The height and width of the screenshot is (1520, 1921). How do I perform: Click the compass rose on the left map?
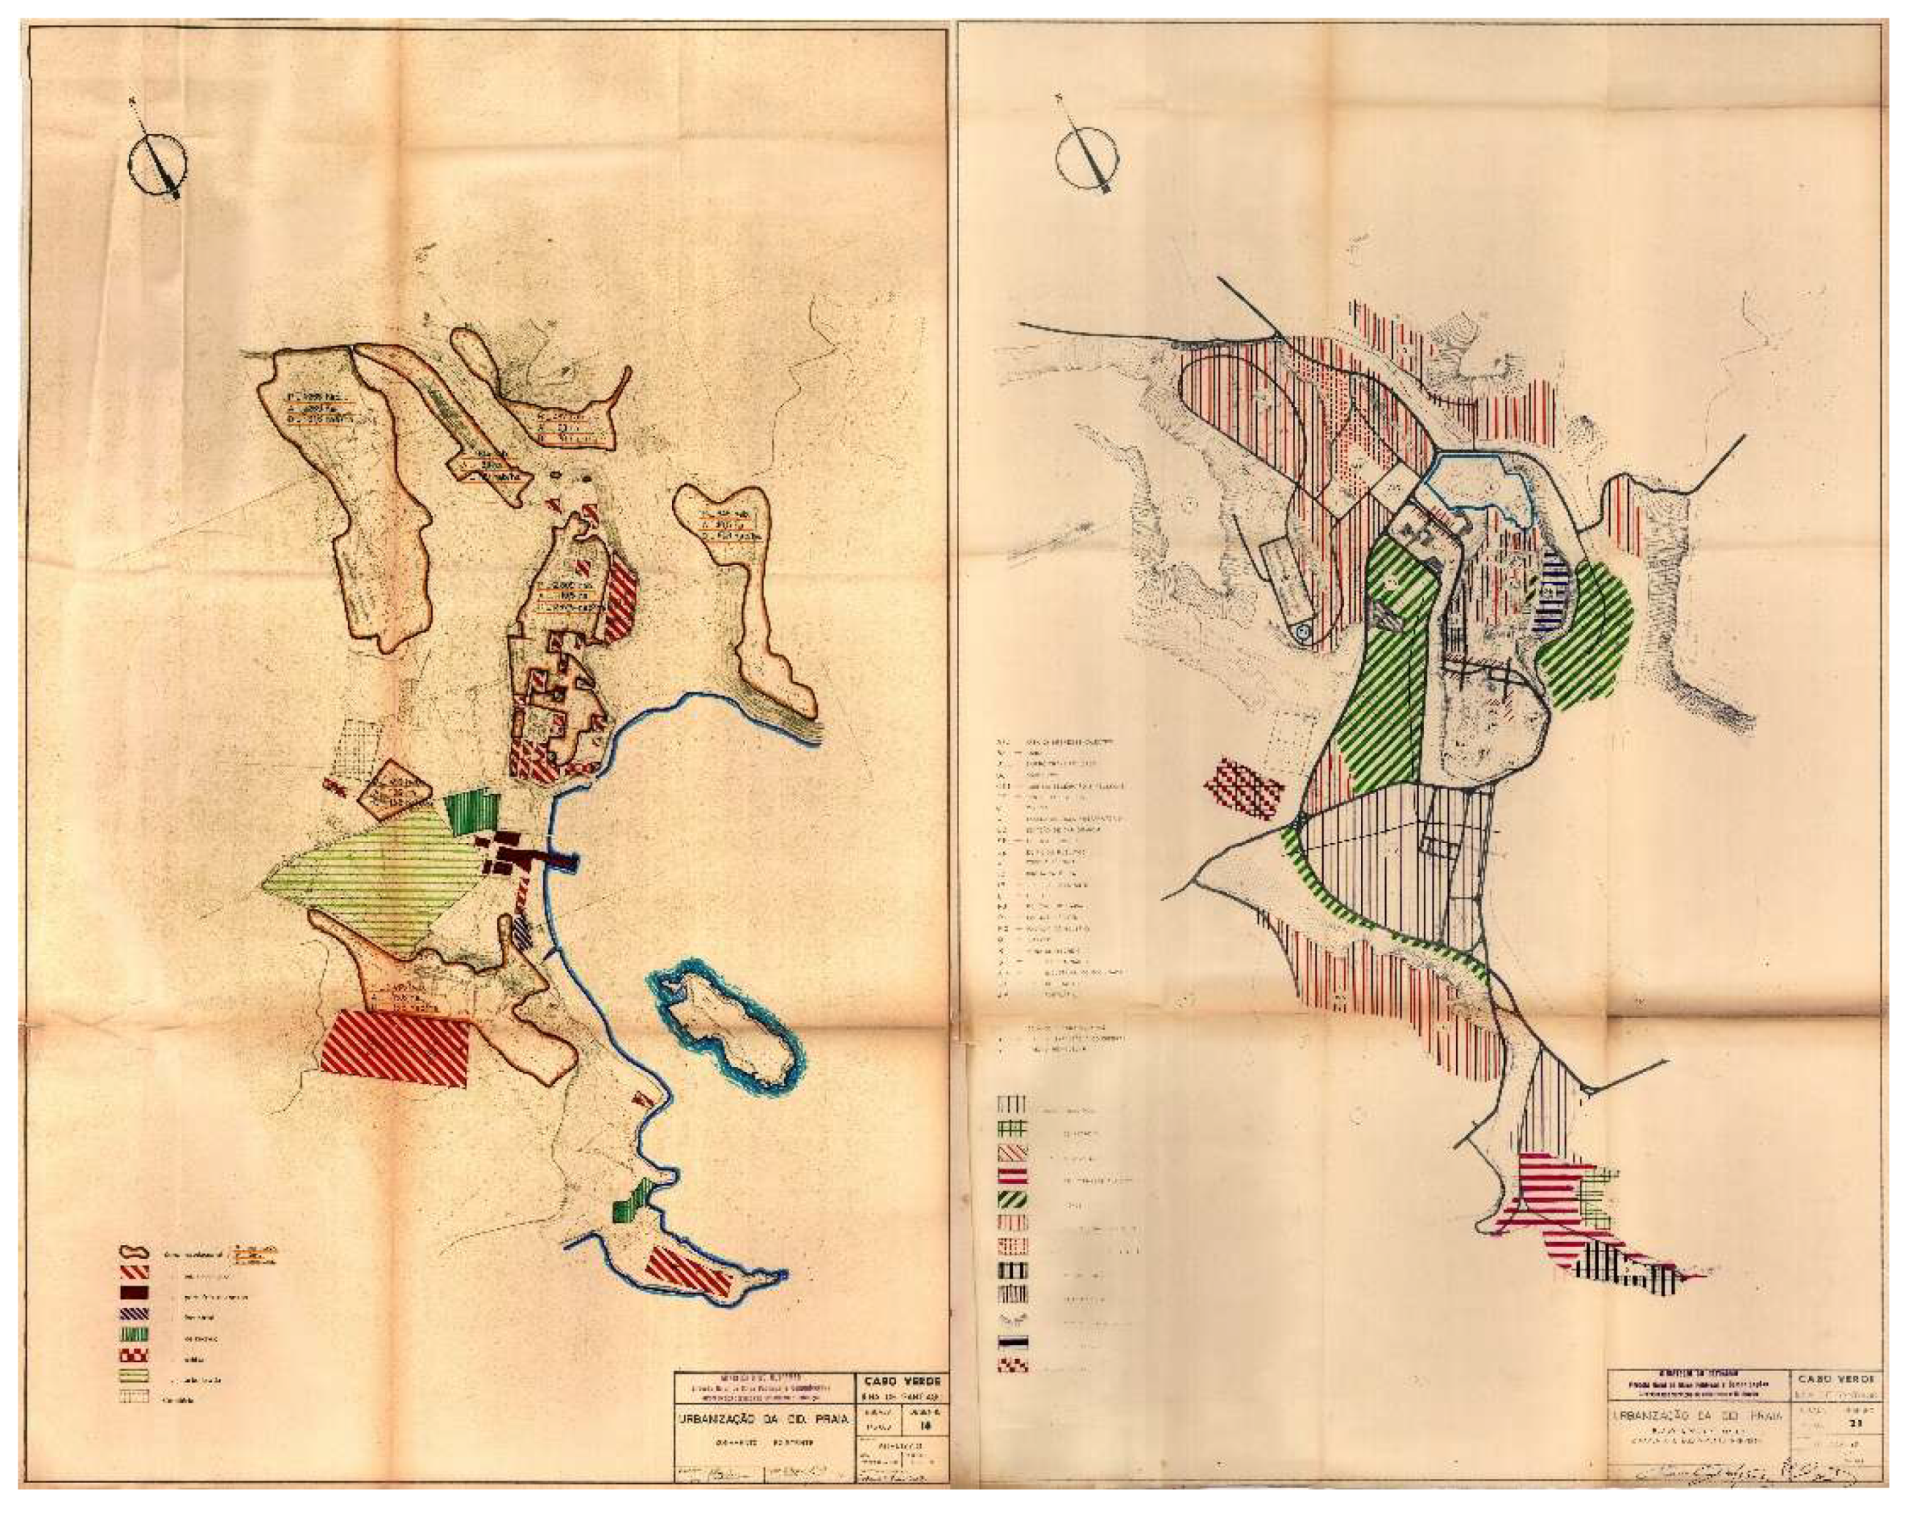point(157,162)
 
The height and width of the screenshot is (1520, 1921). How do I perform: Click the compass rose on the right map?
point(1088,160)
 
